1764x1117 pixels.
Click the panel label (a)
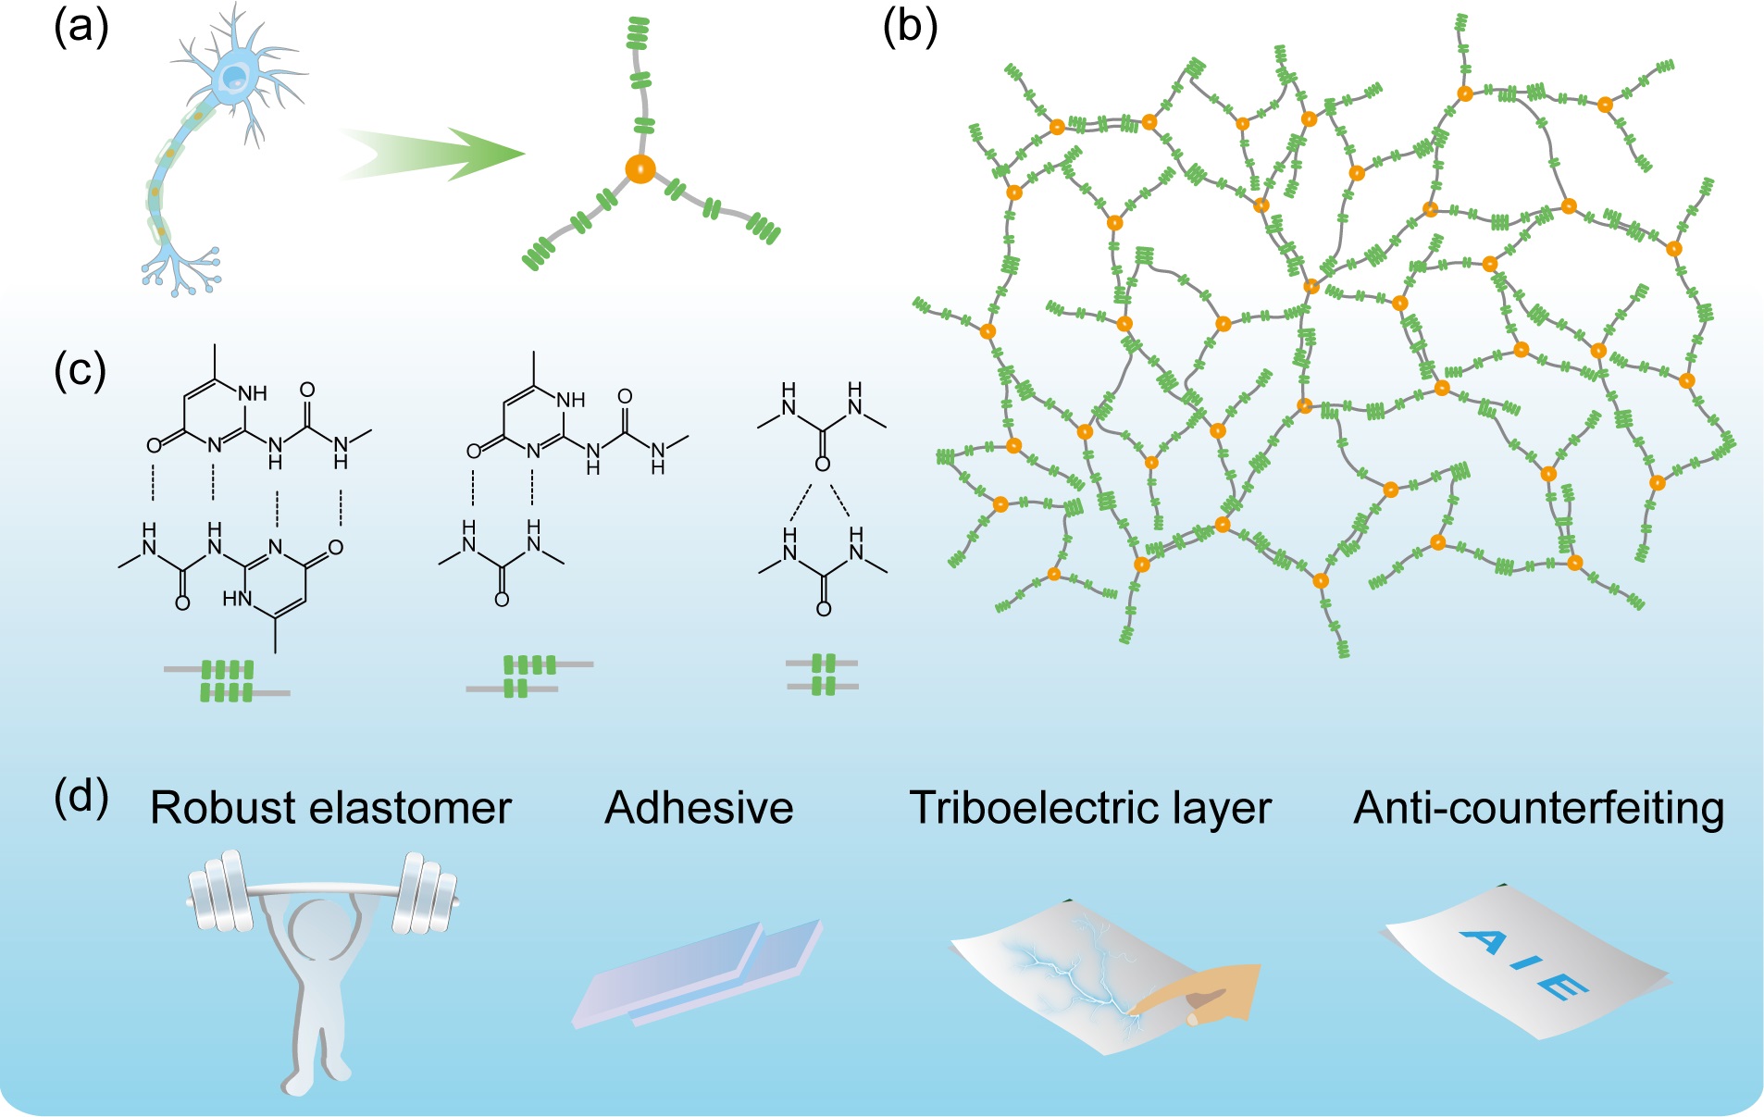tap(81, 28)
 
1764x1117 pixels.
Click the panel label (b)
tap(910, 28)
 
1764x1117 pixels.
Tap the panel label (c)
tap(81, 370)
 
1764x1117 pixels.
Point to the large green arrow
tap(435, 154)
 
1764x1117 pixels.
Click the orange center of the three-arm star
tap(640, 169)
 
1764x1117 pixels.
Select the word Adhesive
tap(699, 808)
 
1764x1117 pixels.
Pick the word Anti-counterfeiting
tap(1538, 808)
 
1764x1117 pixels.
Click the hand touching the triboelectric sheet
tap(1203, 995)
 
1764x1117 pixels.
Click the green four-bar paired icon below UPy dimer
tap(227, 681)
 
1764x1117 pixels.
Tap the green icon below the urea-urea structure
tap(823, 675)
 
